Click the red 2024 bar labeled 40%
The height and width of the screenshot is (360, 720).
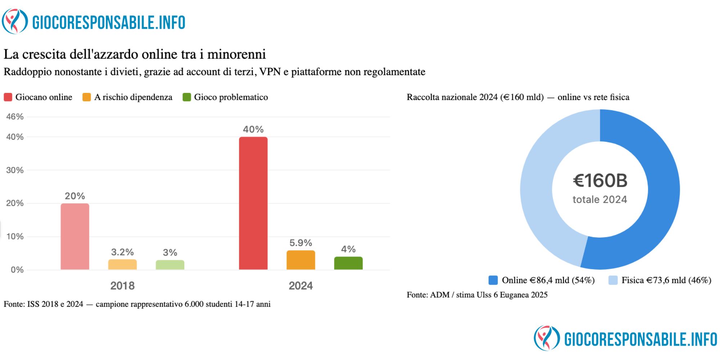(253, 203)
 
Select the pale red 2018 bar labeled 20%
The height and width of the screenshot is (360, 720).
(75, 237)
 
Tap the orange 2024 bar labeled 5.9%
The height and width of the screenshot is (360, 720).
(301, 260)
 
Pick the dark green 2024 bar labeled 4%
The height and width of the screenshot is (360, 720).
(348, 263)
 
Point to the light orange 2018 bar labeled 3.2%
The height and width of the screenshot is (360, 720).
(122, 265)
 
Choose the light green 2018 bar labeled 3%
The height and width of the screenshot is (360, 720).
(170, 265)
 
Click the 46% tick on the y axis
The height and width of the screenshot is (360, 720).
(15, 117)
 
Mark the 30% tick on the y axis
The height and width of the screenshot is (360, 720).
(15, 170)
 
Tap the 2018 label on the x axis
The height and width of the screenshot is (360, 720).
(122, 286)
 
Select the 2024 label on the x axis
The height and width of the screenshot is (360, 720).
(301, 286)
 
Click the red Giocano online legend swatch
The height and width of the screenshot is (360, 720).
(8, 97)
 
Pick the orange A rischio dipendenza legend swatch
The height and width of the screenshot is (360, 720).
(87, 97)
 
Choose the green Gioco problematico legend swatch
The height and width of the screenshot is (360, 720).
(186, 97)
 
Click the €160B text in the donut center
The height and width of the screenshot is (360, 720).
(600, 181)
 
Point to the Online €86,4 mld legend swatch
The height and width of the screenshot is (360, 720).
(493, 280)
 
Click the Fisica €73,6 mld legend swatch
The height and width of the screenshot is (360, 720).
(613, 280)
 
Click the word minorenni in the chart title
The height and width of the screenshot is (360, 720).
(237, 54)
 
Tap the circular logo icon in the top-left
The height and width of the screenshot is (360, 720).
(15, 22)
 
